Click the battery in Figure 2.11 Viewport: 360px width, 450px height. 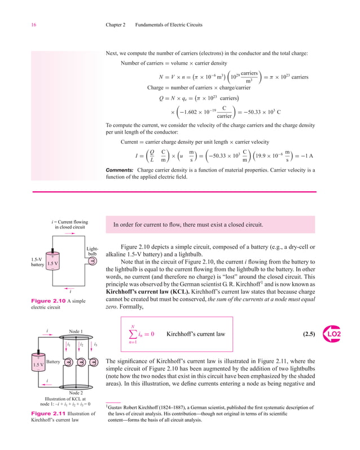click(x=38, y=363)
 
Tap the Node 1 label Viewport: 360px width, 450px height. click(x=76, y=330)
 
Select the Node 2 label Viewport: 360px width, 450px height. click(x=76, y=392)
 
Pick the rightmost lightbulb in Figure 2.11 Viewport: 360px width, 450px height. click(x=94, y=361)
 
